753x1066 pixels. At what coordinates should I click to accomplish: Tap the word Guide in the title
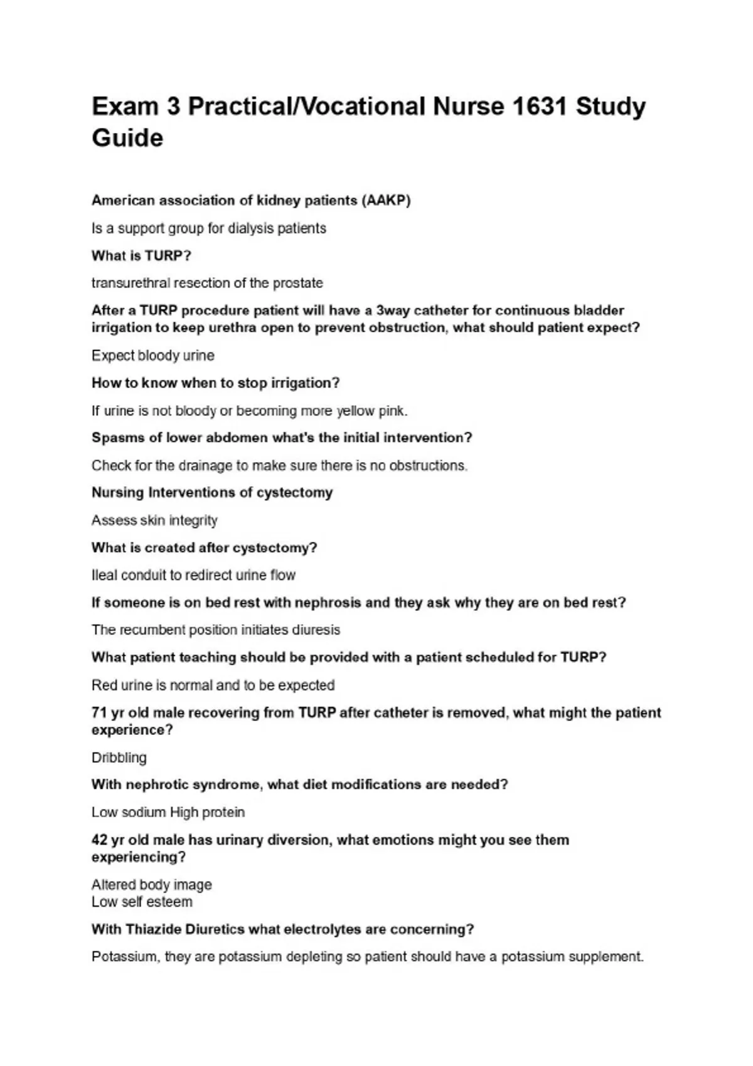(x=127, y=138)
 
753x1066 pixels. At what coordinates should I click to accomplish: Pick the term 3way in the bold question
(x=392, y=310)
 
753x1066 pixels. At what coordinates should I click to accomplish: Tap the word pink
(x=393, y=411)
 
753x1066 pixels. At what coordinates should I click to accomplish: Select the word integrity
(x=193, y=520)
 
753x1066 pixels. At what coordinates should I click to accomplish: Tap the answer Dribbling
(x=119, y=757)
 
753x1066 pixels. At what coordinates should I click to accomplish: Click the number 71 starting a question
(x=99, y=713)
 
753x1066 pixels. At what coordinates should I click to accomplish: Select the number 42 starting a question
(x=99, y=840)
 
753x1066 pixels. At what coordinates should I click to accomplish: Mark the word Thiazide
(x=153, y=929)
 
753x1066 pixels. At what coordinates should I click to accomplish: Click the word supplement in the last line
(x=606, y=957)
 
